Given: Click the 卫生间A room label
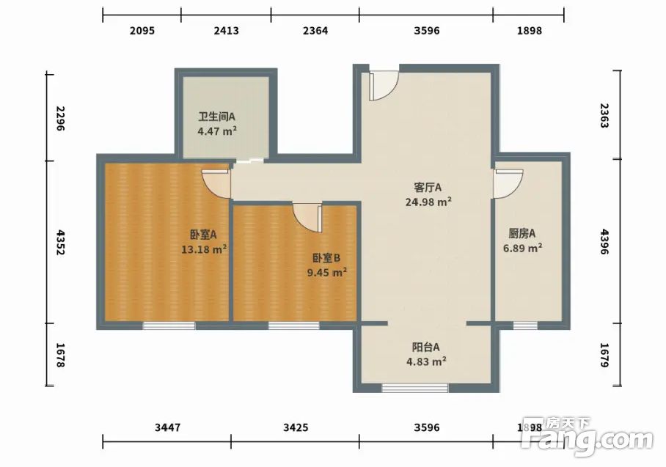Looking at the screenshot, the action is pyautogui.click(x=216, y=117).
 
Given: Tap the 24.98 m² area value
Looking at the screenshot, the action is pyautogui.click(x=428, y=202).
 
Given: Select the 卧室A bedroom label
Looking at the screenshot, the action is pyautogui.click(x=203, y=235).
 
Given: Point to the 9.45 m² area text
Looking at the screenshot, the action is pyautogui.click(x=327, y=272).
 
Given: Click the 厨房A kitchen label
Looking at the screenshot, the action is pyautogui.click(x=522, y=233).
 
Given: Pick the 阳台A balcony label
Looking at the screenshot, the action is pyautogui.click(x=426, y=348).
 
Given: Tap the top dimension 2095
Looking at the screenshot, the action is pyautogui.click(x=142, y=31).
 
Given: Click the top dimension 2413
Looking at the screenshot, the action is pyautogui.click(x=227, y=31).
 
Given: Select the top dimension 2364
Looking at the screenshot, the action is pyautogui.click(x=315, y=31).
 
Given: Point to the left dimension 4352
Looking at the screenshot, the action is pyautogui.click(x=60, y=243).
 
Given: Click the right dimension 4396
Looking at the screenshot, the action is pyautogui.click(x=604, y=242).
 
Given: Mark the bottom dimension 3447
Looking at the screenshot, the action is pyautogui.click(x=167, y=427).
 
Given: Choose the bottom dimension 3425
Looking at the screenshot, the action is pyautogui.click(x=296, y=427).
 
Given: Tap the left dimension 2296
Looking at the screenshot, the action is pyautogui.click(x=60, y=119).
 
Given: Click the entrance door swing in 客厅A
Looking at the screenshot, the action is pyautogui.click(x=384, y=87).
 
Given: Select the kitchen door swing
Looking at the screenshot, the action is pyautogui.click(x=508, y=184).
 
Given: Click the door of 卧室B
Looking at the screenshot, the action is pyautogui.click(x=307, y=218).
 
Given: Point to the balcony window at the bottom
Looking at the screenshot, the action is pyautogui.click(x=415, y=388).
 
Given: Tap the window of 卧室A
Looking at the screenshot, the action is pyautogui.click(x=169, y=326).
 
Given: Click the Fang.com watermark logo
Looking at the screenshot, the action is pyautogui.click(x=587, y=436).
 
